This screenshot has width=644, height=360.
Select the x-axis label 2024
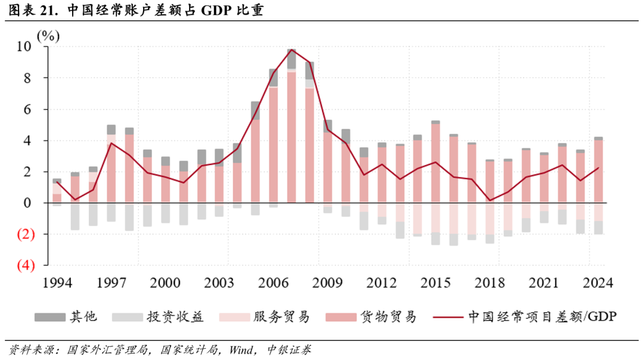(598, 283)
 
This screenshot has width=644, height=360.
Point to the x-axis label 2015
(435, 283)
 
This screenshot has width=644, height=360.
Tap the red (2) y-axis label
(26, 234)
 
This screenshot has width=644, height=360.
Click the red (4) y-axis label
(26, 265)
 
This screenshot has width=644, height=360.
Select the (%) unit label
(48, 36)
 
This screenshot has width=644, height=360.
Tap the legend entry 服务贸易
(281, 316)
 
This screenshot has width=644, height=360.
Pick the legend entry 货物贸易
(387, 316)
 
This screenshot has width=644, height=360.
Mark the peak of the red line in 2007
(292, 49)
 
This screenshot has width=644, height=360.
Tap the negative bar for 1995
(75, 216)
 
